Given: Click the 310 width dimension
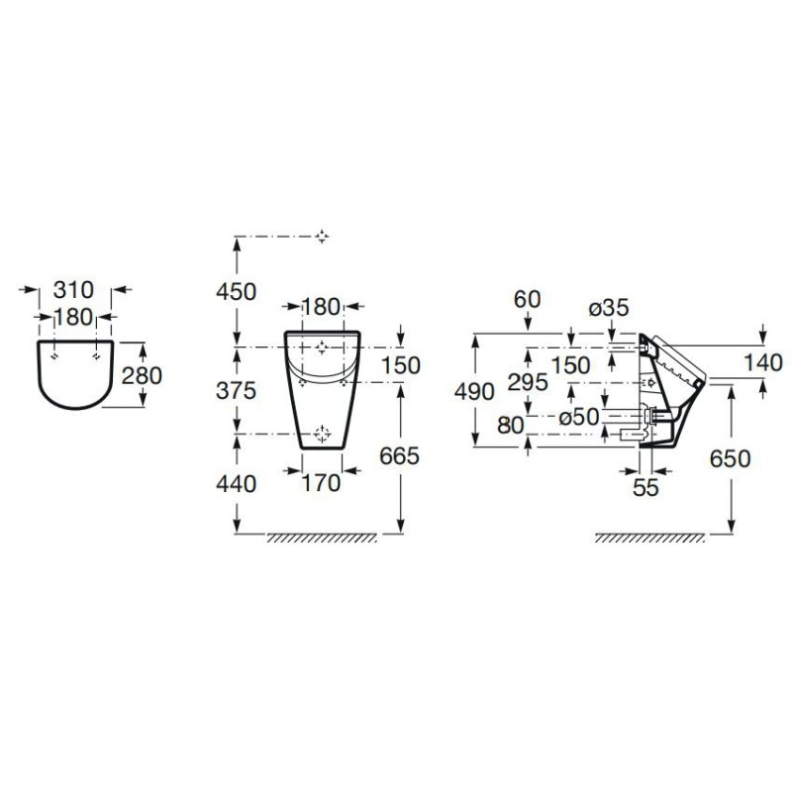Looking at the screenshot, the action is (x=73, y=290).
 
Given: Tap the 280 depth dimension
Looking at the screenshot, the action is (x=142, y=375).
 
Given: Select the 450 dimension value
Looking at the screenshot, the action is (x=236, y=291).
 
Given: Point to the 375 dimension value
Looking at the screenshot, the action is (x=236, y=390).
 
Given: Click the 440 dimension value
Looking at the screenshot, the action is (x=236, y=484).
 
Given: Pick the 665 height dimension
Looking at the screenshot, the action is (x=400, y=456).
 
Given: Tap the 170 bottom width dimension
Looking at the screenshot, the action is (x=321, y=483).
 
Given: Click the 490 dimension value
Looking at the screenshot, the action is (x=474, y=391).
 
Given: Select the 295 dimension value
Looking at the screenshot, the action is (x=528, y=382).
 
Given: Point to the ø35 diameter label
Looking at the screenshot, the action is (x=609, y=308).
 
